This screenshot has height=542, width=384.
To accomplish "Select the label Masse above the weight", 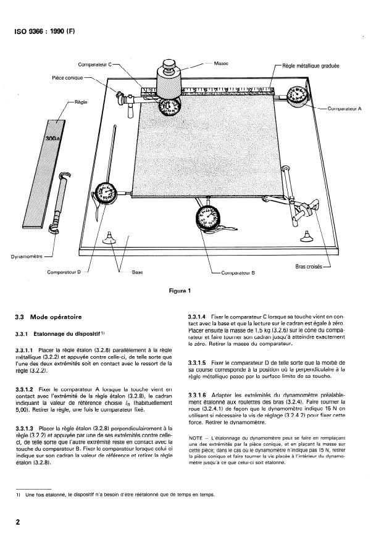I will point(222,63).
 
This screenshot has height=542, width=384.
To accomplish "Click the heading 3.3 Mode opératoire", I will point(48,317).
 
